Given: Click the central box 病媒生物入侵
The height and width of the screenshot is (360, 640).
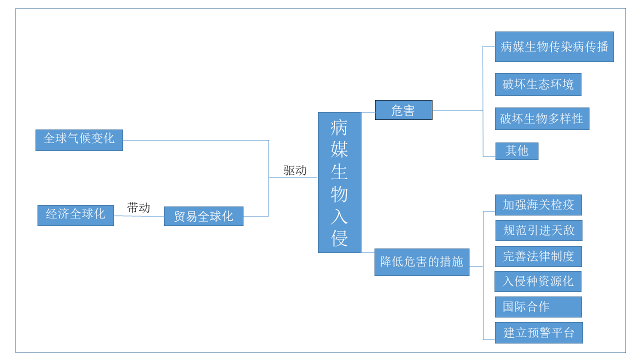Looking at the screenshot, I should tap(339, 182).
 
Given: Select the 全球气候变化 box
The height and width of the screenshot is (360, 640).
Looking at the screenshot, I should tap(79, 140).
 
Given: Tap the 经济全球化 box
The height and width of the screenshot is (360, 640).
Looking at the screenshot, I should tap(75, 215).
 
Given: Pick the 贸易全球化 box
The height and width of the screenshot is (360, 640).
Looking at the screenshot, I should tap(203, 216).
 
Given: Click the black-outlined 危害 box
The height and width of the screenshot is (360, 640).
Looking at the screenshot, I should tap(403, 110).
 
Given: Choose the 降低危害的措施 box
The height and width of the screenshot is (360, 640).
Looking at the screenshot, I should tap(421, 262).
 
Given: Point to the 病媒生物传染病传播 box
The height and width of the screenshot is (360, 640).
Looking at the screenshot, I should tap(554, 47).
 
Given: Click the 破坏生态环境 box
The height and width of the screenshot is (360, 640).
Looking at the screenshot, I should tap(538, 84).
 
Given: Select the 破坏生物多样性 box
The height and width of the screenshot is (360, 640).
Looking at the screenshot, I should tap(542, 119).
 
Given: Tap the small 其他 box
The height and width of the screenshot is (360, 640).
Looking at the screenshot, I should tap(516, 151).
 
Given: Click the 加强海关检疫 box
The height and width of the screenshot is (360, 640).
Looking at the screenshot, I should tap(538, 205).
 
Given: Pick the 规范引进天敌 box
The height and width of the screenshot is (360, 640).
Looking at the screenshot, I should tap(538, 230).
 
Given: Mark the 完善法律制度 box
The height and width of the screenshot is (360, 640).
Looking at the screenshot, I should tap(538, 256).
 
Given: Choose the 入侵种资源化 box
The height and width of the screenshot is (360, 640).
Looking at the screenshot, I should tap(537, 281).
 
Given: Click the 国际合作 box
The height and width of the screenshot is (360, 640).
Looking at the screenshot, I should tap(538, 307).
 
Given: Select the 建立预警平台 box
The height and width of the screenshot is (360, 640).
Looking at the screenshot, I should tap(538, 333).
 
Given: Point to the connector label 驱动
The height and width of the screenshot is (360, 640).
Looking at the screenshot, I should tap(295, 170).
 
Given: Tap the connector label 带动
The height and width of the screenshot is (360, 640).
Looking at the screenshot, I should tap(138, 208).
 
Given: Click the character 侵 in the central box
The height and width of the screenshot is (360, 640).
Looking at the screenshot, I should tap(339, 238).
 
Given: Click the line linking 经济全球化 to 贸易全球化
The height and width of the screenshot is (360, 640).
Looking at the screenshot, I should tap(139, 216).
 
